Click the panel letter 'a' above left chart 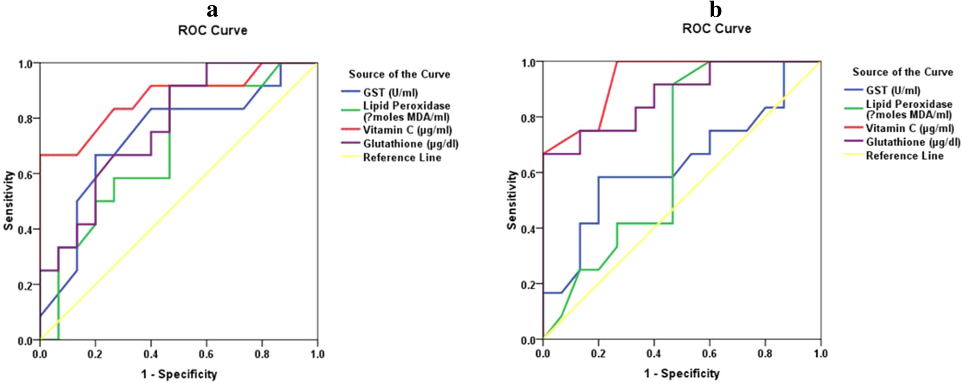[x=212, y=10]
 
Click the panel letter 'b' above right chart [x=716, y=10]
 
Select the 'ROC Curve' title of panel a [x=213, y=30]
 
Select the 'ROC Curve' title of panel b [x=717, y=29]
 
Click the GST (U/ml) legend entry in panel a [x=390, y=92]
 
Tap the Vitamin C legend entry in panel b [x=909, y=128]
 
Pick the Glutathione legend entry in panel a [x=410, y=144]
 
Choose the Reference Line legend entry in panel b [x=904, y=156]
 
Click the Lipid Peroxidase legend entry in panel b [x=909, y=109]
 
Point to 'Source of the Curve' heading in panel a [x=399, y=74]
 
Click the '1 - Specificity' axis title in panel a [x=179, y=374]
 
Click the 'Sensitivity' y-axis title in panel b [x=512, y=200]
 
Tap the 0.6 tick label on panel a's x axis [x=206, y=354]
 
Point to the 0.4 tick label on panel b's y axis [x=528, y=228]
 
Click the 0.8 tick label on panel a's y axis [x=25, y=118]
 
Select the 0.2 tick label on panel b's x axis [x=598, y=353]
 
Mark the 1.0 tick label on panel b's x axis [x=821, y=353]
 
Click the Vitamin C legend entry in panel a [x=407, y=130]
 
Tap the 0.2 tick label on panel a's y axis [x=25, y=285]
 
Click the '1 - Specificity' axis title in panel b [x=682, y=373]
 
